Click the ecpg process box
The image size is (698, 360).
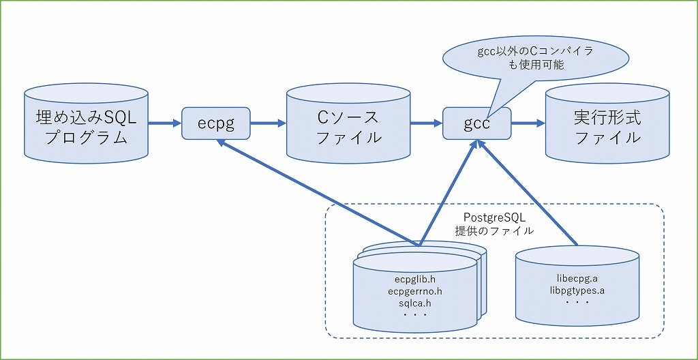[x=216, y=123]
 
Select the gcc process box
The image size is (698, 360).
[x=476, y=123]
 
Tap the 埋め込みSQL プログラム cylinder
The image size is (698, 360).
[x=86, y=124]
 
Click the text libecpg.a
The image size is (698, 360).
[x=577, y=278]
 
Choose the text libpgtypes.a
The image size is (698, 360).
[x=577, y=290]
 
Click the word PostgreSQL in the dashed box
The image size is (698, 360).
[x=494, y=217]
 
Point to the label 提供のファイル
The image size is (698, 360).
[x=494, y=230]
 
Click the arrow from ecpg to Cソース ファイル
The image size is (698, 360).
[x=269, y=123]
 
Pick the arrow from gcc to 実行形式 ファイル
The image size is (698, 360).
[x=528, y=123]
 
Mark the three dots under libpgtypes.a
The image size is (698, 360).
[x=577, y=301]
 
